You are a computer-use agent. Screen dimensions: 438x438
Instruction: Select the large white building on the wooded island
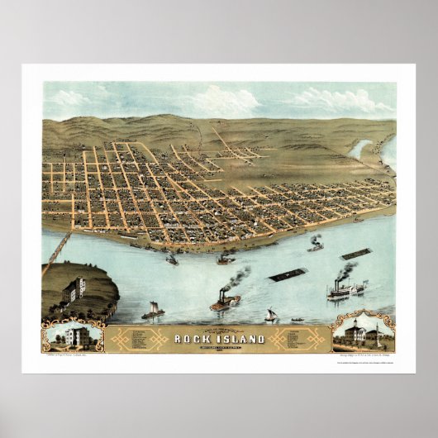74,288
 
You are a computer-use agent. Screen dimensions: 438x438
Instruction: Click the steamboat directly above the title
224,302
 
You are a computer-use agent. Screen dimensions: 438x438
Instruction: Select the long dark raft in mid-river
288,274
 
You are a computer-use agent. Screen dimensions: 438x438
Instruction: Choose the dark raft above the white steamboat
356,254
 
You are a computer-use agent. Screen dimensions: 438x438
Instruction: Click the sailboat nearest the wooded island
153,312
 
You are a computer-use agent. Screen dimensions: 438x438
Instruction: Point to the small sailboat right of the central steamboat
270,315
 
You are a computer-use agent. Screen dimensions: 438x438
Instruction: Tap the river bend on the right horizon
361,150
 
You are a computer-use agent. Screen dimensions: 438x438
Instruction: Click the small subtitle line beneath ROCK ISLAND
219,347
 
